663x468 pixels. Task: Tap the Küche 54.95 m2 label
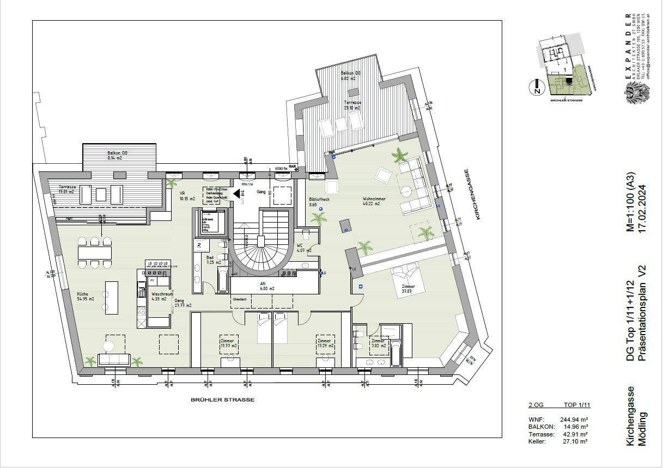coord(86,297)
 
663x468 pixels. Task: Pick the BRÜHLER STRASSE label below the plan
coord(222,399)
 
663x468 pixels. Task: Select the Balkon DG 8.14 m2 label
coord(117,156)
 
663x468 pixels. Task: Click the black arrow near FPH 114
coord(237,193)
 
